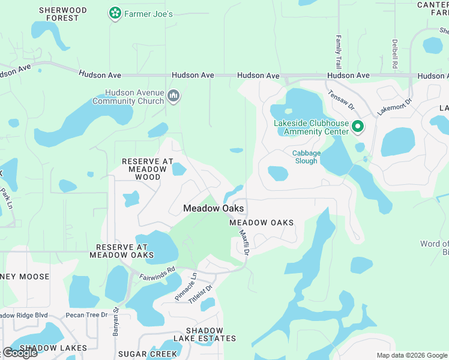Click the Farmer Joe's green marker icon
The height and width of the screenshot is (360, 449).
tap(115, 13)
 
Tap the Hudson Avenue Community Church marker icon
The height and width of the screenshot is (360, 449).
tap(174, 96)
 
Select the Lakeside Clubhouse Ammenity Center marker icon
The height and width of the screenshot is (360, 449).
tap(358, 127)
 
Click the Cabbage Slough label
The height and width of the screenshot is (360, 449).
tap(306, 157)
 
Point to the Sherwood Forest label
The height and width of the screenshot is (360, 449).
tap(62, 14)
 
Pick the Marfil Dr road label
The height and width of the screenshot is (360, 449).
tap(243, 242)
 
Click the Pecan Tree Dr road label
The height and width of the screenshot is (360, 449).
tap(87, 314)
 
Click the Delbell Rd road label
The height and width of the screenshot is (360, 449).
tap(395, 53)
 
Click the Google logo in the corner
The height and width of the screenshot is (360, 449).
tap(20, 352)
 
